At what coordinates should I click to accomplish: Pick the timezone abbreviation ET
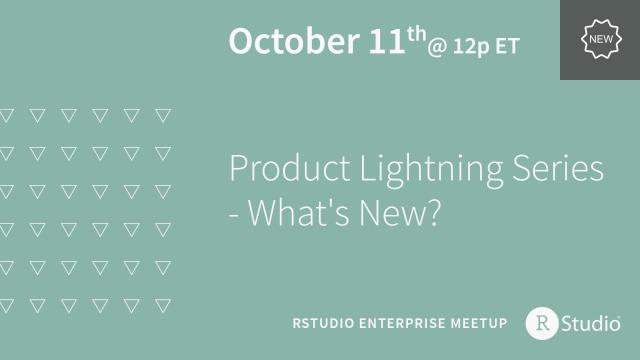pos(505,45)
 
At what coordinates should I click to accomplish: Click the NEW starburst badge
pos(599,39)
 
